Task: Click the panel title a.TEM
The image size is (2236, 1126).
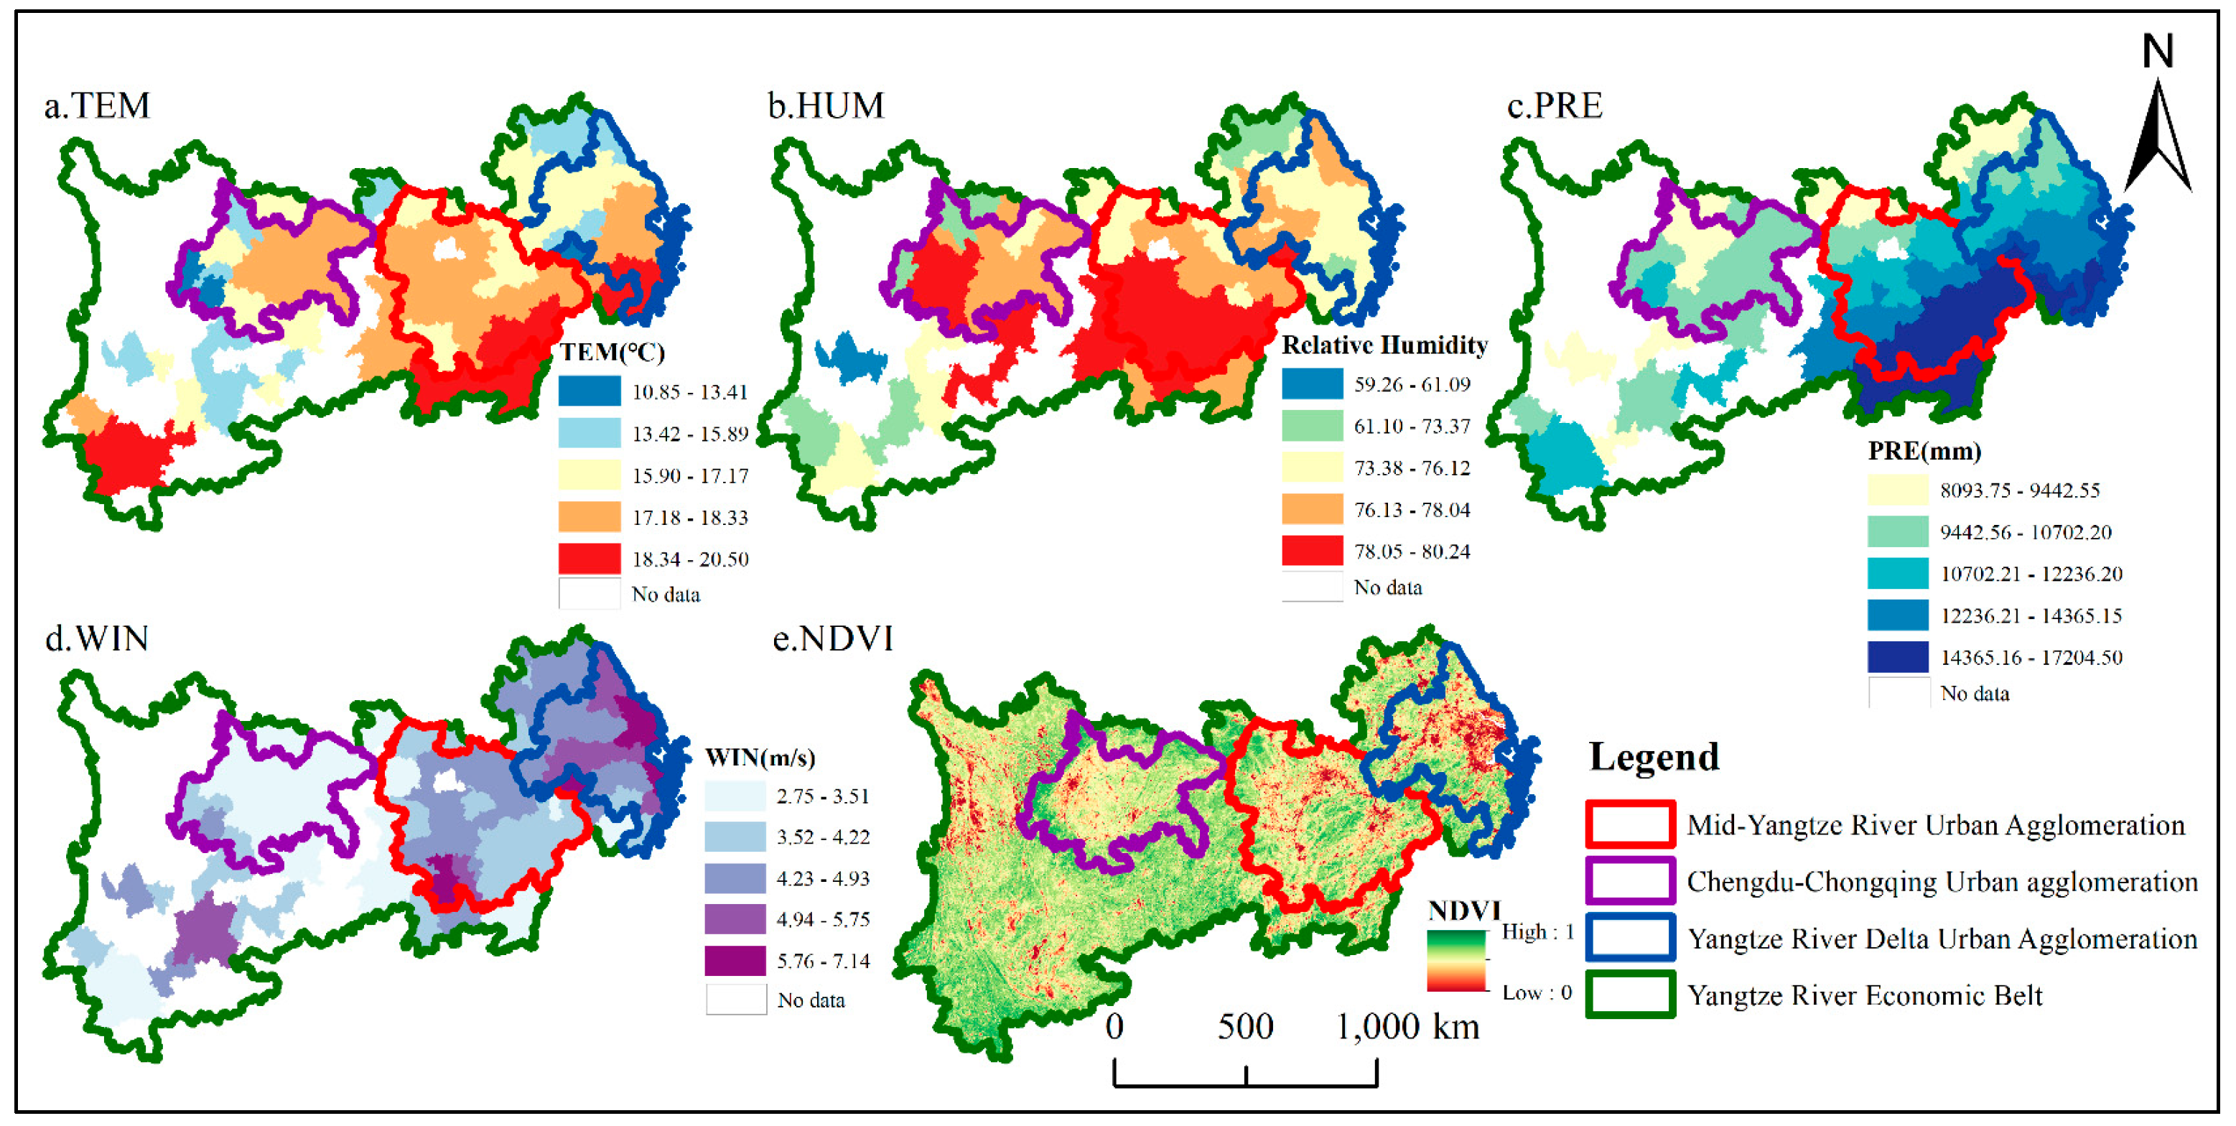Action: tap(97, 106)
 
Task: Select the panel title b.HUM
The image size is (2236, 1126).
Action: tap(826, 106)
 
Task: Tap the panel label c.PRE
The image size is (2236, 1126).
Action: tap(1555, 106)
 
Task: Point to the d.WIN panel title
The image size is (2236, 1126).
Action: tap(97, 639)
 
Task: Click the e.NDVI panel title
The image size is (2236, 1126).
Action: tap(832, 639)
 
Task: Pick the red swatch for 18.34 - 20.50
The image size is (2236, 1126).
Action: tap(590, 558)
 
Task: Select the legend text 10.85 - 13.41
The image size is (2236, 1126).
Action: tap(689, 392)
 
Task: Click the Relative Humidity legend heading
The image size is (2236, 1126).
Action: tap(1384, 345)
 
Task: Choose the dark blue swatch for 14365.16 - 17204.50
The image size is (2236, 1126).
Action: tap(1898, 657)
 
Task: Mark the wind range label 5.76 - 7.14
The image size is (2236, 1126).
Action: tap(822, 961)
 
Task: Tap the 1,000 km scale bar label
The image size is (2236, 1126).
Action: tap(1406, 1027)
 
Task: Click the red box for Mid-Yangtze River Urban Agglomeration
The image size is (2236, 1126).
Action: tap(1629, 824)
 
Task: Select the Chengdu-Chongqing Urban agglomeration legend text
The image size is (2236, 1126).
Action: tap(1941, 882)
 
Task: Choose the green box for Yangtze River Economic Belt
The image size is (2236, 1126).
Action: tap(1629, 995)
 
